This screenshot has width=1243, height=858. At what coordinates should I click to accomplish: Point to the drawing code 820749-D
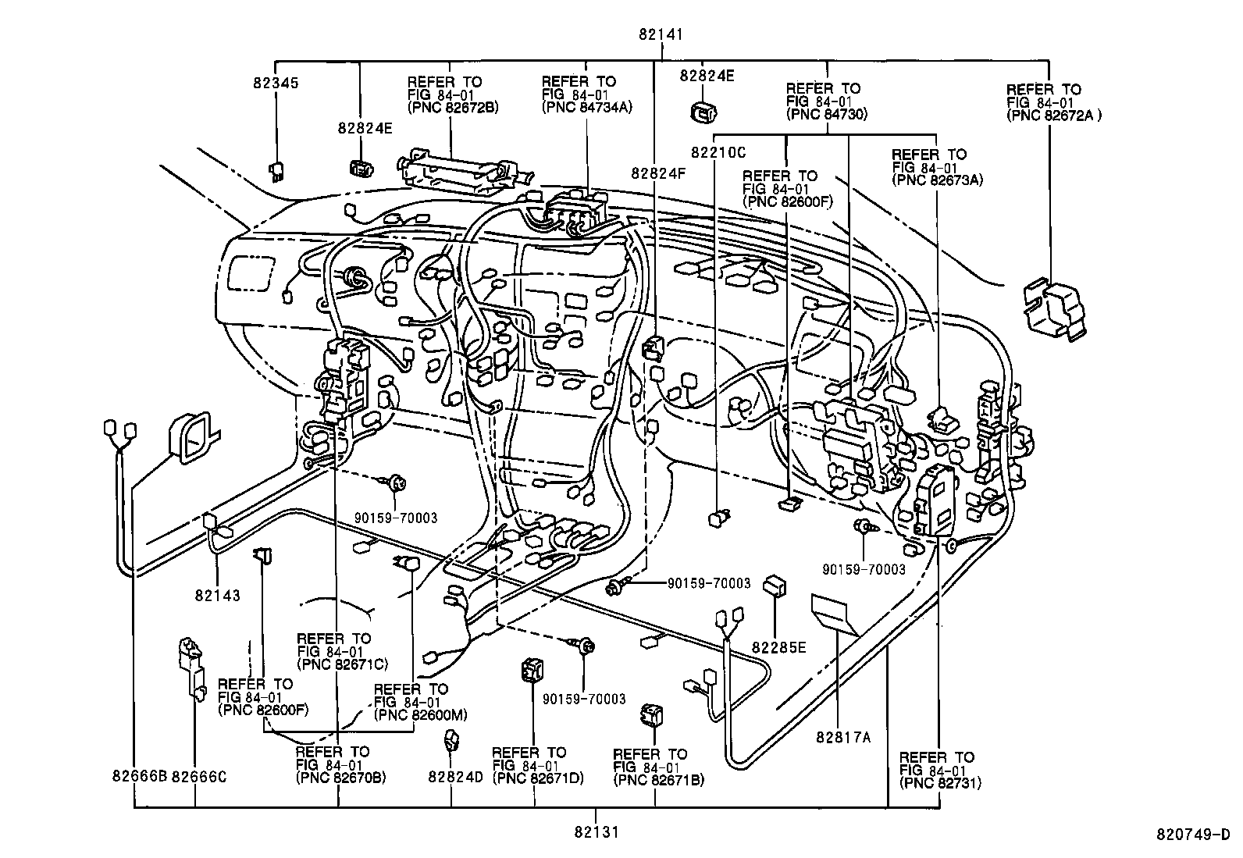click(1192, 833)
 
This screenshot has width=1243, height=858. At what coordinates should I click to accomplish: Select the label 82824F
click(658, 173)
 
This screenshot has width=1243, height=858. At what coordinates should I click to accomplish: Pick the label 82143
click(218, 596)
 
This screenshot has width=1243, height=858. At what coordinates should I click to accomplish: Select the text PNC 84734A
click(586, 108)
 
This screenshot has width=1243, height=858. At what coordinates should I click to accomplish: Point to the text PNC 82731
click(940, 783)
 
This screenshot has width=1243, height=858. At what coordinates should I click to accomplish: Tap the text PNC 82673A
click(937, 180)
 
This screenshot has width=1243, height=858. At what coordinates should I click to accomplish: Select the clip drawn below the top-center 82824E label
click(707, 112)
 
